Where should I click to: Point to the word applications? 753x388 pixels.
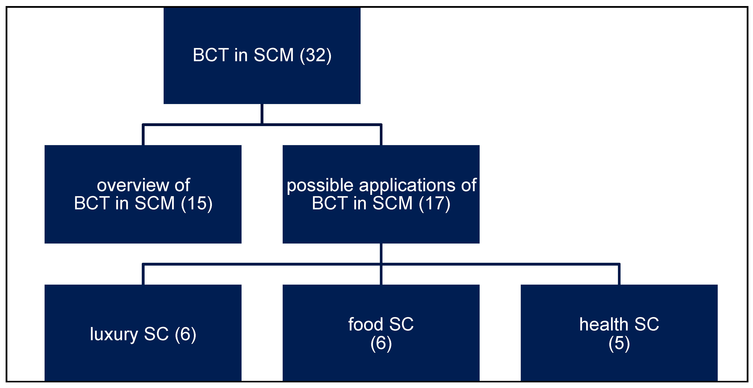[x=407, y=186]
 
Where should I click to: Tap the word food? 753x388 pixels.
[x=365, y=324]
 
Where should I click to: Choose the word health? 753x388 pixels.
[x=604, y=324]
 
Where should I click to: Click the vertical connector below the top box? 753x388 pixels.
[x=262, y=114]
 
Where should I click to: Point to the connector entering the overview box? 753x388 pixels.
[x=143, y=135]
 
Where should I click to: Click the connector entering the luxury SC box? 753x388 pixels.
[x=143, y=275]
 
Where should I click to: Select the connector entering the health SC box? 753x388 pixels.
[x=619, y=275]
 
